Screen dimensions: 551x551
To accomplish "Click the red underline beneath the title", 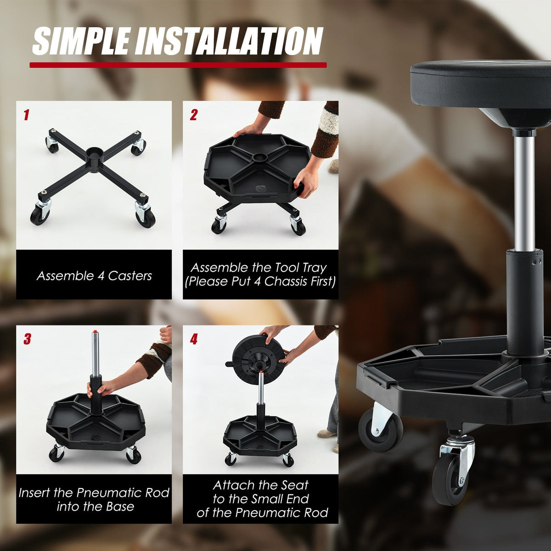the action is (x=178, y=65).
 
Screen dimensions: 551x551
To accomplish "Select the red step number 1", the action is (x=27, y=115).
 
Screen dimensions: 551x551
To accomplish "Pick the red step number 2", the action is (x=194, y=115).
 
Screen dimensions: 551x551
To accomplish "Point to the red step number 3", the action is (x=27, y=339).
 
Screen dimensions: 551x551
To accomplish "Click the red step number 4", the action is (x=194, y=339).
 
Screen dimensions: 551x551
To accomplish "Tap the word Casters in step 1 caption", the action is (x=130, y=276).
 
